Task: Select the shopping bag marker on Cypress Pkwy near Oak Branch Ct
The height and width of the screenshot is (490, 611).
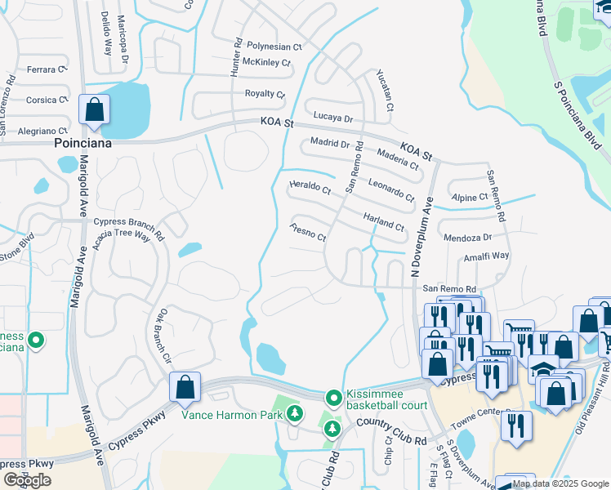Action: click(185, 388)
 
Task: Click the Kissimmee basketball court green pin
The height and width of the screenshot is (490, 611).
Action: click(333, 399)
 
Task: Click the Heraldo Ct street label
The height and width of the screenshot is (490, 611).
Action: click(310, 189)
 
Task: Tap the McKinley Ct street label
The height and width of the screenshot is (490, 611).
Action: click(266, 62)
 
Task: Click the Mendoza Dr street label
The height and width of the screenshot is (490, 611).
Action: click(466, 238)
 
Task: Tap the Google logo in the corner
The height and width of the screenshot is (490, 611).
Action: click(27, 480)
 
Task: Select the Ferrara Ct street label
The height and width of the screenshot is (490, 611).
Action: click(45, 70)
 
